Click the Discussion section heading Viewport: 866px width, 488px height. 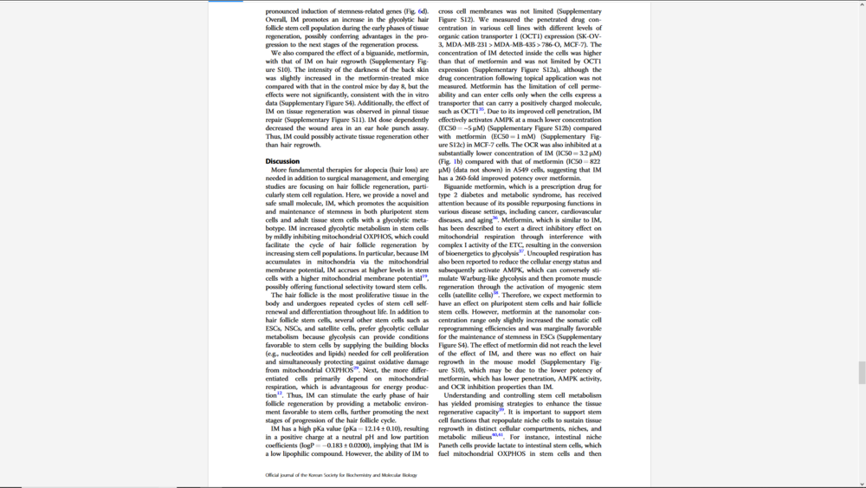point(282,161)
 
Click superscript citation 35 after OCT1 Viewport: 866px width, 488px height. point(481,110)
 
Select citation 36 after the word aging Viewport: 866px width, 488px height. point(495,218)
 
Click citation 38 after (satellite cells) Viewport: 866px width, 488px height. point(496,293)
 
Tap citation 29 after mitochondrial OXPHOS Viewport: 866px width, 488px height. point(356,368)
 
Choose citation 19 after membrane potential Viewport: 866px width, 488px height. point(424,277)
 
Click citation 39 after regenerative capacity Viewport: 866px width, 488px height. point(501,409)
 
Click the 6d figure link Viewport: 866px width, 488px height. point(423,11)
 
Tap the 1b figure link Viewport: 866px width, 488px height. point(456,162)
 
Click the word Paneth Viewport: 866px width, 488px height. point(453,446)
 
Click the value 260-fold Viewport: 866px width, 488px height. point(462,179)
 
